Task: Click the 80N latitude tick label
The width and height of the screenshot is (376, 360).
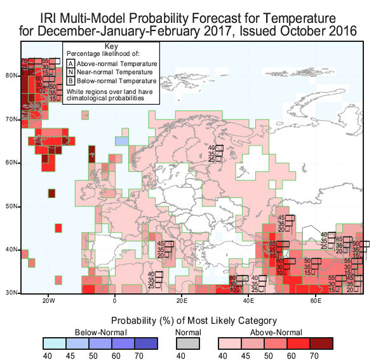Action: coord(11,75)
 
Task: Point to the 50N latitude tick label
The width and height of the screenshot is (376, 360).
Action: coord(11,207)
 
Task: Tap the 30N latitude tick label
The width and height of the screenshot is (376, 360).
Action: coord(11,293)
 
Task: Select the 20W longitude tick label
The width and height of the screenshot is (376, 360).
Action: coord(48,300)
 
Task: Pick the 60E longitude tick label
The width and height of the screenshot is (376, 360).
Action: coord(316,300)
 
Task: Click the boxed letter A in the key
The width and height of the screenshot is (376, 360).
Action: coord(71,63)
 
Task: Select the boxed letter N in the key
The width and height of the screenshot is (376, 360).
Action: coord(71,72)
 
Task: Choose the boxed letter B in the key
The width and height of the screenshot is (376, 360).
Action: coord(71,81)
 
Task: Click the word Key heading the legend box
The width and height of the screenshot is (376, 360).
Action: coord(111,47)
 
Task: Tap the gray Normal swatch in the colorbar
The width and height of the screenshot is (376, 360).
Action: coord(187,343)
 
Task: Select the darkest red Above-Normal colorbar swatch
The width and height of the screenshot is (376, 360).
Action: coord(323,343)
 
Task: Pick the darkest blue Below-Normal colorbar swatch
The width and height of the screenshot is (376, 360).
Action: coord(147,343)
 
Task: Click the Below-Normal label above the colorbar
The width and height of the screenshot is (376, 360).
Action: coord(100,331)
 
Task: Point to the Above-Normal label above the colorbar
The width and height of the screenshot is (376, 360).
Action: coord(275,331)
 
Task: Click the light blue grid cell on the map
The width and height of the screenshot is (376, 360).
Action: coord(121,141)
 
